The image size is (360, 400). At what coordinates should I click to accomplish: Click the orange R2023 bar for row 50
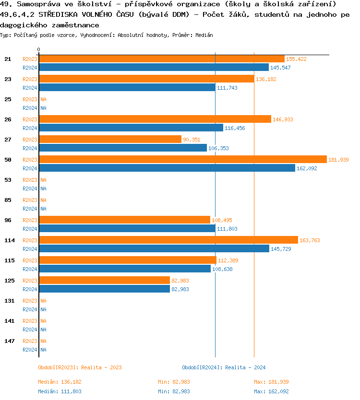click(182, 159)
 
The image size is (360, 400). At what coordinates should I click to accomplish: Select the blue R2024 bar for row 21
click(154, 67)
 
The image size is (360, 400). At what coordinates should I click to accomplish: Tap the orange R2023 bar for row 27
click(110, 139)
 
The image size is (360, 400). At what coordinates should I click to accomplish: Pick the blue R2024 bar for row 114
click(154, 248)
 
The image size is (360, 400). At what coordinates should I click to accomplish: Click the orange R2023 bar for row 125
click(104, 280)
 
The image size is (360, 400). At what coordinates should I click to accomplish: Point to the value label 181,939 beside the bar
click(338, 160)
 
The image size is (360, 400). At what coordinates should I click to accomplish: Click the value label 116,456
click(235, 128)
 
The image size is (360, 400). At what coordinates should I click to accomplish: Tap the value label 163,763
click(309, 240)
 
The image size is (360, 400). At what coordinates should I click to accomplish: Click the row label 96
click(8, 220)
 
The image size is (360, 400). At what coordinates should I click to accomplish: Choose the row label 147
click(9, 341)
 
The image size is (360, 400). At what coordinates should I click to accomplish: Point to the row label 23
click(8, 79)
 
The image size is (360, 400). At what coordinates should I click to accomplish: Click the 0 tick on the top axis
click(39, 50)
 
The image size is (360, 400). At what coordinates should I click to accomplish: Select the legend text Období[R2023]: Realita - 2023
click(80, 367)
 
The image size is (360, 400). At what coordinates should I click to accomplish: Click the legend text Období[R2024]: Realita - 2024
click(224, 367)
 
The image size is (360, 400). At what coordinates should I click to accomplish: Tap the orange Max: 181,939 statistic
click(271, 382)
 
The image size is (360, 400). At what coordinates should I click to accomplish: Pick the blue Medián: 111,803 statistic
click(60, 391)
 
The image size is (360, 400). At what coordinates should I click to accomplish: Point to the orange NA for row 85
click(43, 200)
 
